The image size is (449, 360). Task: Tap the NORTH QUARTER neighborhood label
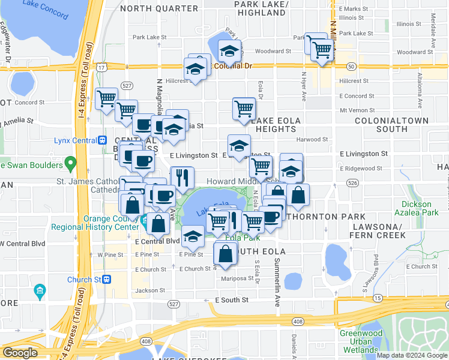158,9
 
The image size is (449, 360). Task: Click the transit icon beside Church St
107,279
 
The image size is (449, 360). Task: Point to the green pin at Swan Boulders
70,163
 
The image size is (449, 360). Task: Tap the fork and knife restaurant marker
182,178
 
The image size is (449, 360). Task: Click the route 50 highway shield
352,66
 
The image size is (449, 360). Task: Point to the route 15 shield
377,298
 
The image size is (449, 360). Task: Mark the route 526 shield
352,182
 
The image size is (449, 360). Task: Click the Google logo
20,353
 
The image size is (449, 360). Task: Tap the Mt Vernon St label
357,110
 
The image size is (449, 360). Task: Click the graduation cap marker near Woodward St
228,52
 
